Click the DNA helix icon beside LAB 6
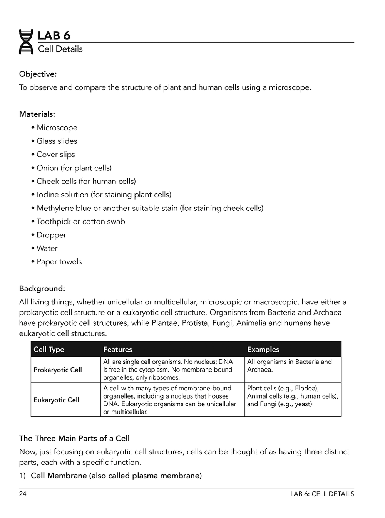click(x=26, y=42)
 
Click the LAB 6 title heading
click(x=54, y=36)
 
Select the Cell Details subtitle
click(x=60, y=49)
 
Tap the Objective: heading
click(x=38, y=74)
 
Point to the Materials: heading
click(x=37, y=114)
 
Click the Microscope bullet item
click(x=57, y=128)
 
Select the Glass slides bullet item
click(x=57, y=141)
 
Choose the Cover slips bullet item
click(x=55, y=155)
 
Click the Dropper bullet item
click(x=51, y=235)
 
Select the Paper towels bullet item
click(x=59, y=262)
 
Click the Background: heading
click(x=42, y=289)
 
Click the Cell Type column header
click(x=49, y=350)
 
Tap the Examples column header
click(x=263, y=350)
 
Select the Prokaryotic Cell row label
click(x=58, y=370)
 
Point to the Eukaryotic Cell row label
click(x=56, y=400)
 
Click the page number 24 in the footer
click(x=23, y=494)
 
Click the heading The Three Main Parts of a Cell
click(x=74, y=439)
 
